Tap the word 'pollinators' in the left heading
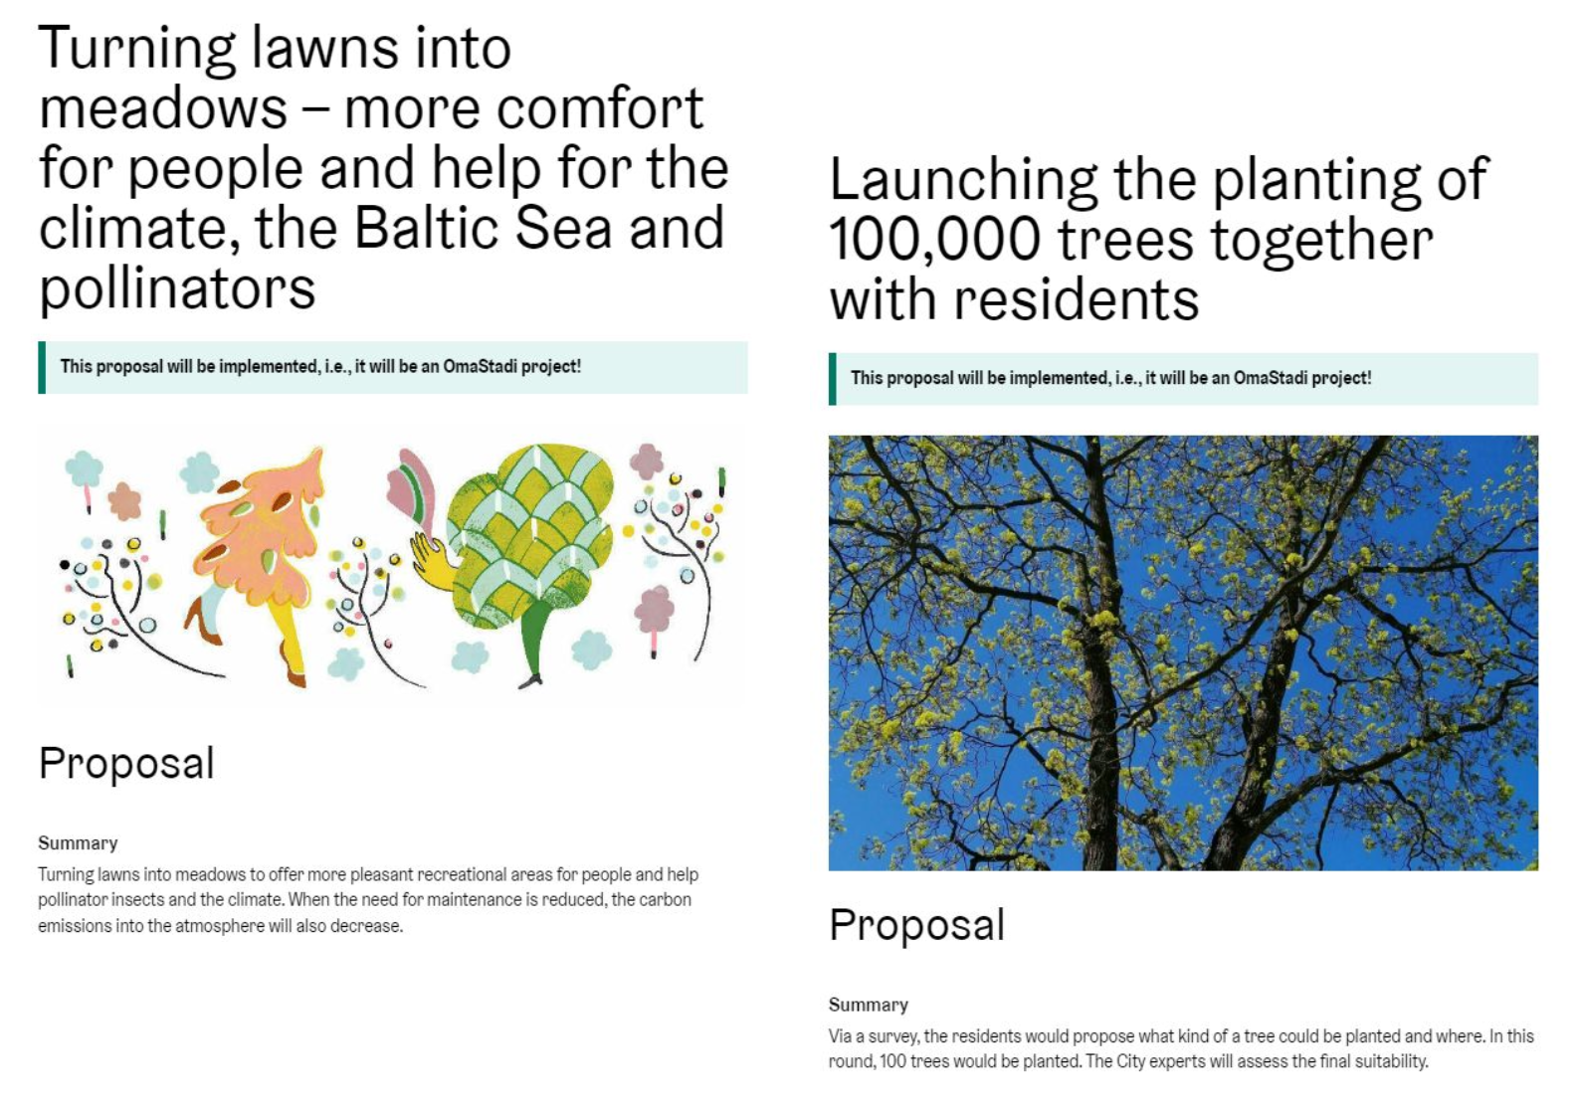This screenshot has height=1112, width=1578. (177, 289)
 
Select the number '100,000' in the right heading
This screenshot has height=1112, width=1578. (935, 240)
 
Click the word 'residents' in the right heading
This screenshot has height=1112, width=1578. (1076, 299)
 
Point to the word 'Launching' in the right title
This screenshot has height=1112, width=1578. (963, 181)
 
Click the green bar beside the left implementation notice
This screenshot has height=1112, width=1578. (42, 368)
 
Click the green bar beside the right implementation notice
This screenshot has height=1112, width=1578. (832, 379)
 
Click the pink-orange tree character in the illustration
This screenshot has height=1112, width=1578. (265, 535)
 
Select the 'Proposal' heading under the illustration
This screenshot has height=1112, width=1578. (126, 764)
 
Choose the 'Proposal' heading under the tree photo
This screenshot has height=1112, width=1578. (916, 925)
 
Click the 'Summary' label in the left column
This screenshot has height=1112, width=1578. (78, 843)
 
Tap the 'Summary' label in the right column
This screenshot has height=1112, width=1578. (868, 1005)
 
